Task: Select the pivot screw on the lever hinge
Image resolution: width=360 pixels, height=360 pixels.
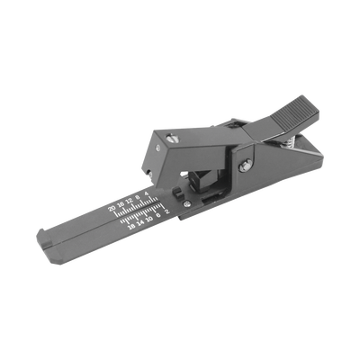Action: coord(245,165)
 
